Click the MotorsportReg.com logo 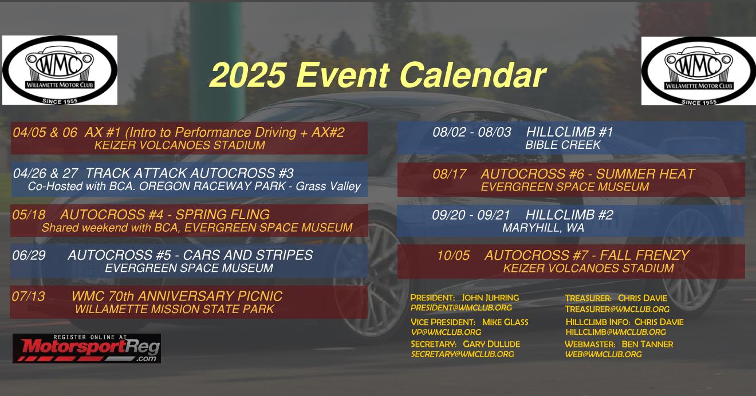tap(86, 349)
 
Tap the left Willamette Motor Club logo tap(60, 70)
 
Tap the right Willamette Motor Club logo tap(698, 71)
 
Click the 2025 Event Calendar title tap(377, 75)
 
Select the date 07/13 tap(29, 296)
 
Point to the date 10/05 tap(454, 256)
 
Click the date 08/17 tap(450, 174)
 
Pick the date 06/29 tap(29, 255)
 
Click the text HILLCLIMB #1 tap(570, 132)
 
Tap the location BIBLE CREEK tap(563, 145)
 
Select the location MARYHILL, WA tap(544, 228)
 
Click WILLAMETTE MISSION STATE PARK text tap(175, 309)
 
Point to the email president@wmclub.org tap(461, 308)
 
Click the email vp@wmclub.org tap(446, 332)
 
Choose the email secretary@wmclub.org tap(462, 354)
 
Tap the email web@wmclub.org tap(604, 354)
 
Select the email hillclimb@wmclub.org tap(616, 332)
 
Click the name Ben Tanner tap(647, 344)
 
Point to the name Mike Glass tap(505, 322)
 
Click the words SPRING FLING tap(223, 215)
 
